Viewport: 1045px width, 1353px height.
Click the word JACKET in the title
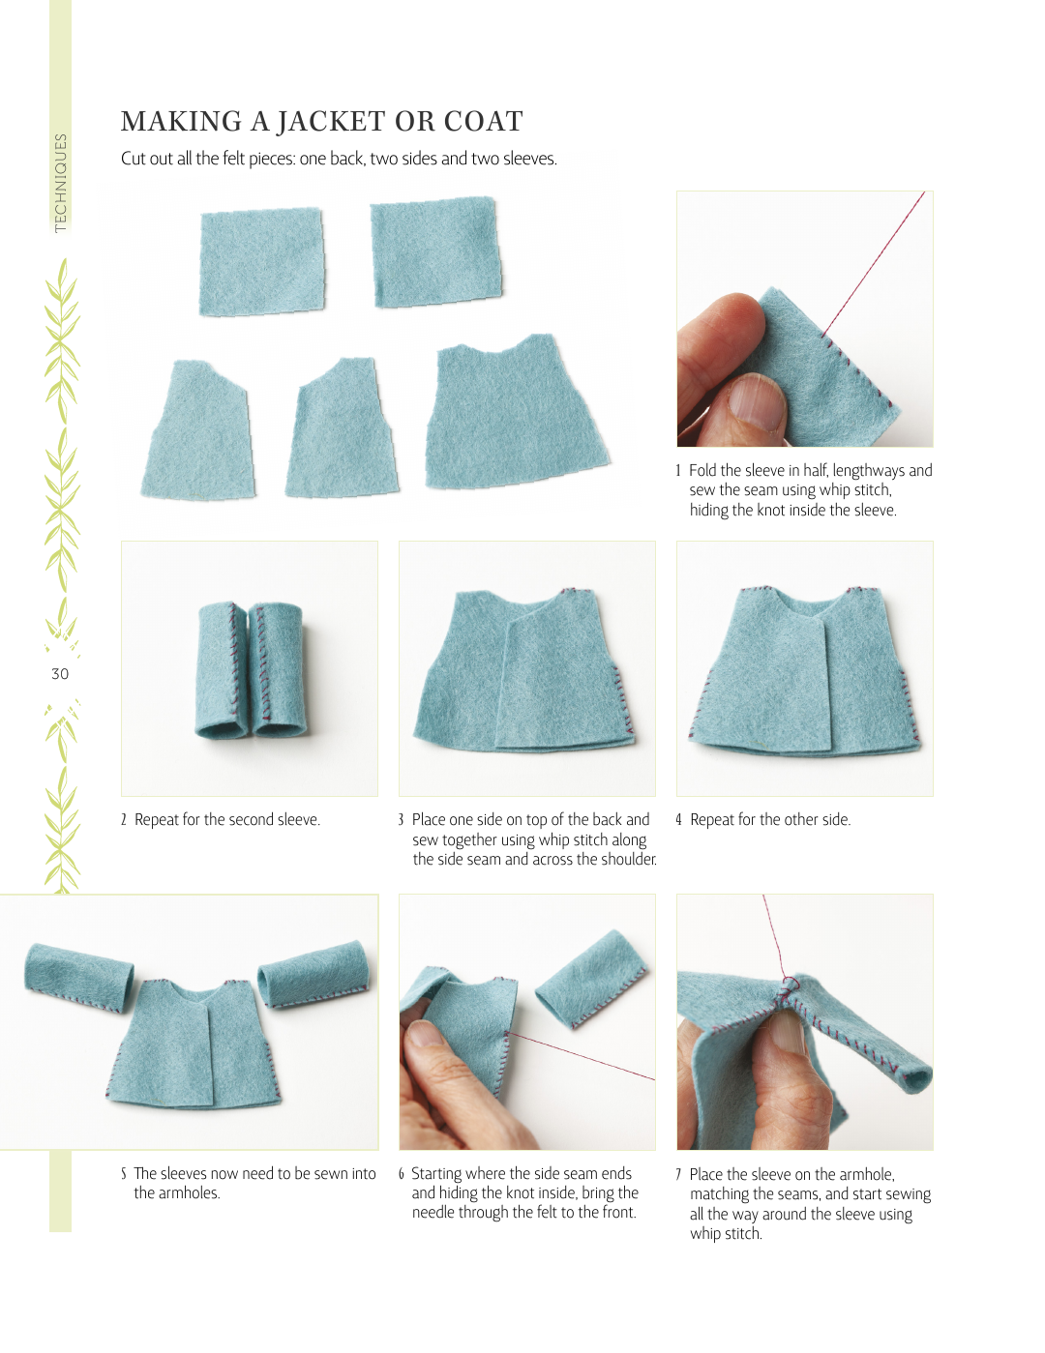(331, 122)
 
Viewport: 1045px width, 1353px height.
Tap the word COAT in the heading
(483, 122)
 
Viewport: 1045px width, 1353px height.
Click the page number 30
(60, 674)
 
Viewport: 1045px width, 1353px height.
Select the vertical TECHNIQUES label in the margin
(60, 183)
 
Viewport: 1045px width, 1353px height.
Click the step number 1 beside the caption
(678, 470)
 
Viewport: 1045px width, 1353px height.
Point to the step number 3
(401, 819)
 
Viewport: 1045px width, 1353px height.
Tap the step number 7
(678, 1174)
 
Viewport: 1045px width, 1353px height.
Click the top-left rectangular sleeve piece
(261, 261)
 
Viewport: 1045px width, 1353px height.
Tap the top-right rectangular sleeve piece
(436, 252)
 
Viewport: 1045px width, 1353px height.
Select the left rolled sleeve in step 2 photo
(221, 670)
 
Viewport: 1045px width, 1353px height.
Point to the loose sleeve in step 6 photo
(591, 980)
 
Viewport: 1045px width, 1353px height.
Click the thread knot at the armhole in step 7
(789, 985)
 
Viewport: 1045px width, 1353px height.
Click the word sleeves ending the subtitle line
(529, 159)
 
